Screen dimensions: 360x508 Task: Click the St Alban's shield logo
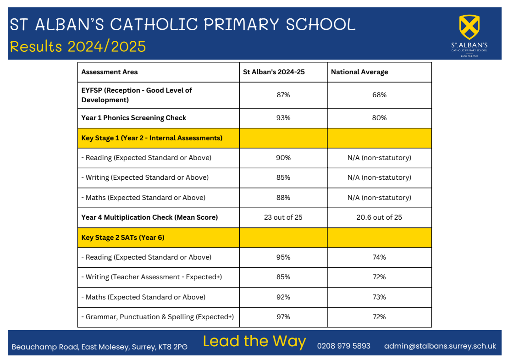(469, 27)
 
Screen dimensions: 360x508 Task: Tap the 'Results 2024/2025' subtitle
(78, 46)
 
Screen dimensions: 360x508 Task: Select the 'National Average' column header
(359, 72)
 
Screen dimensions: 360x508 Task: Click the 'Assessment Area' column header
(110, 72)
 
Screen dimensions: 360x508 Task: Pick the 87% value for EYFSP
(283, 95)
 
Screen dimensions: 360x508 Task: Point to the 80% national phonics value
(379, 118)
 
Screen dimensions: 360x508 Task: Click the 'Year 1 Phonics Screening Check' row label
(134, 118)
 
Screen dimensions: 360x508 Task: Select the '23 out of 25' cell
(283, 217)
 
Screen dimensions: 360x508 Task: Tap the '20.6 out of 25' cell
(379, 217)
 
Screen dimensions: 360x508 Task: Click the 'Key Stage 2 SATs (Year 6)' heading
(123, 238)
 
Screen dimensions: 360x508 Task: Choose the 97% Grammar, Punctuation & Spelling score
(283, 317)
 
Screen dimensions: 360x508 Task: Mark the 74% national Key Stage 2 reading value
(379, 257)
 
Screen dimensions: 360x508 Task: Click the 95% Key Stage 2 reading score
(283, 257)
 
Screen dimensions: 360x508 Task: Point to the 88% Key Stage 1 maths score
(283, 198)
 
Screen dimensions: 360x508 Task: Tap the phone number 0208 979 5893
(344, 346)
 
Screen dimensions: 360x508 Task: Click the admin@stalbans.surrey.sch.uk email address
(440, 346)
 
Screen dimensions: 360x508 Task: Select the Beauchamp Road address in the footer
(99, 347)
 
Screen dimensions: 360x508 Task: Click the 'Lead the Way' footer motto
(254, 341)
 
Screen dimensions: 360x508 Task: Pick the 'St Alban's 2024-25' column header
(274, 72)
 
